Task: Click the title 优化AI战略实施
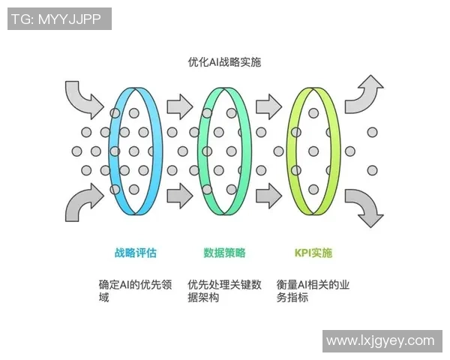(x=225, y=64)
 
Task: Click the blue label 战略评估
(x=135, y=253)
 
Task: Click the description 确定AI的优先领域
(x=135, y=291)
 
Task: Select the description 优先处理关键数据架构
(x=224, y=291)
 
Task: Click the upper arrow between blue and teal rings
(x=180, y=106)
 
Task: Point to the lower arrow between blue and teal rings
(x=180, y=196)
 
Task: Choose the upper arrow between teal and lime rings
(x=269, y=106)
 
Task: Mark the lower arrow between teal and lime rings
(x=269, y=196)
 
